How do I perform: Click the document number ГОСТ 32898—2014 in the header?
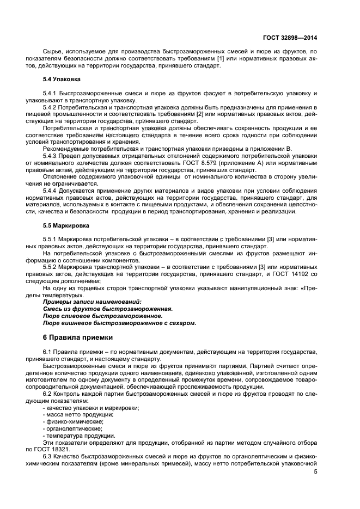290,37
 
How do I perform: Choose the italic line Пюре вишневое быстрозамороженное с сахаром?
119,323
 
